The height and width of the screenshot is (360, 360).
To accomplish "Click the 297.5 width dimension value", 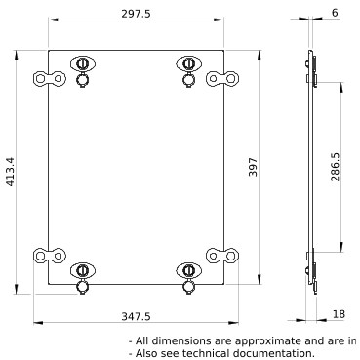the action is pos(136,14).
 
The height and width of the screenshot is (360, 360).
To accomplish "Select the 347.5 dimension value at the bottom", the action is pos(136,316).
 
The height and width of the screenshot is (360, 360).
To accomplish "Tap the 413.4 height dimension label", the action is pos(11,172).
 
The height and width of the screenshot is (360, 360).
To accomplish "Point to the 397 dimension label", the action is pos(253,167).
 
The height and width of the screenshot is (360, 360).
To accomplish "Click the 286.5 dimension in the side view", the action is pos(335,167).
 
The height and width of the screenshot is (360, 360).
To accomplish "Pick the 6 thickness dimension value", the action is pos(335,13).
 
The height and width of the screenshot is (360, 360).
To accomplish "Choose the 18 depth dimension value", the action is pos(339,314).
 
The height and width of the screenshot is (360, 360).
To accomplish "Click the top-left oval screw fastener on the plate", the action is pos(83,63).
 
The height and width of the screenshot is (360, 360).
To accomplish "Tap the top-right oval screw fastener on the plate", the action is pos(188,63).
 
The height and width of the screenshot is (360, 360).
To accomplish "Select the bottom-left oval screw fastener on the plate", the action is pos(83,270).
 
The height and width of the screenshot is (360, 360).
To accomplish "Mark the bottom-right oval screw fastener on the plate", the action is pos(188,270).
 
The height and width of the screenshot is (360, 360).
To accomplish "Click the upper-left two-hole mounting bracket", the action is pos(50,79).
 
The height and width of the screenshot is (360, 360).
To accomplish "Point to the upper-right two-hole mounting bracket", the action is pos(222,79).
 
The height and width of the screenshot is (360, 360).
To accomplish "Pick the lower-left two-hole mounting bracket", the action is pos(50,256).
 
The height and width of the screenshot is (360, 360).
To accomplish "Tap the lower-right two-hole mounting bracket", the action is pos(222,256).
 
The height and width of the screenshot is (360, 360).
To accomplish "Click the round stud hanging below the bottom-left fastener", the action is pos(82,287).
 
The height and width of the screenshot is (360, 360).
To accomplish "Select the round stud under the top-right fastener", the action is pos(188,80).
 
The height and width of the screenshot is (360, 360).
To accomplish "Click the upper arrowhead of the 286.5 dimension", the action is pos(341,88).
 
